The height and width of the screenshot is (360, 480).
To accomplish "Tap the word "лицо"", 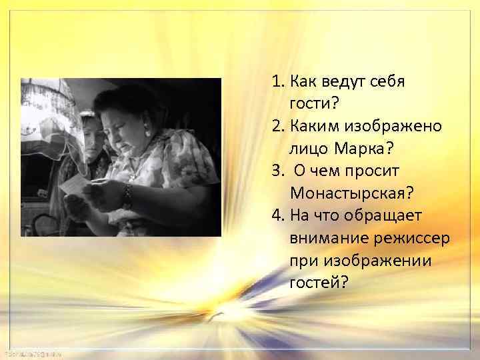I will click(308, 148).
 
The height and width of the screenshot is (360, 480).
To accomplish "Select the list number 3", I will click(277, 171).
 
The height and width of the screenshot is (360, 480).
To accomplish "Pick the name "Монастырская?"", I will click(352, 193).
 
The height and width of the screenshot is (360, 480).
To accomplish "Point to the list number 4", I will click(277, 215).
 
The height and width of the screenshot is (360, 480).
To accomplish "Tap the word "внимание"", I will click(325, 238).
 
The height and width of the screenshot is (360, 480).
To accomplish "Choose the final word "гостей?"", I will click(319, 283).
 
